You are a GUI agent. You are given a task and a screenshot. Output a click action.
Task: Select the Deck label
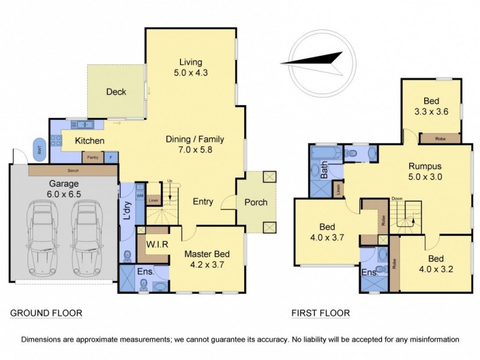coord(116,92)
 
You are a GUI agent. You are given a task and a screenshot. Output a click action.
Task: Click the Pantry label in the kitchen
coord(92,157)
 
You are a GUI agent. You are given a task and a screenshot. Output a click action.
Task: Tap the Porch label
coord(256,202)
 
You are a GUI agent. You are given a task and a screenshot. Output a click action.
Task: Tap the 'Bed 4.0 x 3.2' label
coord(435,263)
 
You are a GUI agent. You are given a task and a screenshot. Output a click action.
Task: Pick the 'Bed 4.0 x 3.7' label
coord(326,232)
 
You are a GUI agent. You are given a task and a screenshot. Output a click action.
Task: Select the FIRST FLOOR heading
coord(320,313)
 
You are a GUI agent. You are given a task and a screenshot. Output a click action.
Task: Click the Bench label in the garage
coord(73,171)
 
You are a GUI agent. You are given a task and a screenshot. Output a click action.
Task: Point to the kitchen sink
coord(80,125)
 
